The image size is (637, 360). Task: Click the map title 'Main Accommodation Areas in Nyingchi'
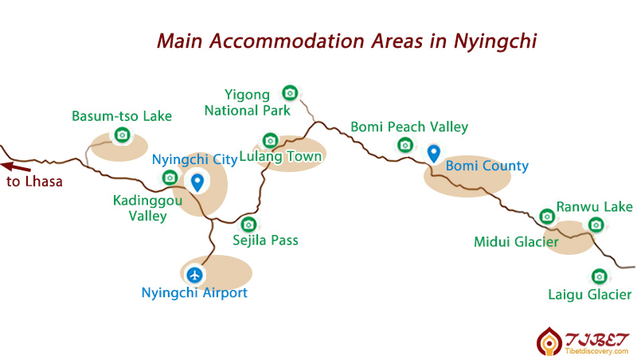tap(346, 40)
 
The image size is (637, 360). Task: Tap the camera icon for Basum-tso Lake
tap(122, 135)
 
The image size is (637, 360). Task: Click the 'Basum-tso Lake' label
tap(122, 116)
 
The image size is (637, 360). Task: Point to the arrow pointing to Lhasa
tap(16, 166)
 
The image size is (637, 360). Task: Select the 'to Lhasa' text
tap(34, 182)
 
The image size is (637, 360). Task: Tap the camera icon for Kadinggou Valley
tap(169, 178)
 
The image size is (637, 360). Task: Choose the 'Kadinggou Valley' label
tap(147, 208)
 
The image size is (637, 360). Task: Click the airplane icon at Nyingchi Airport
tap(194, 275)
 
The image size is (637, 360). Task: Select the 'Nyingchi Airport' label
tap(194, 293)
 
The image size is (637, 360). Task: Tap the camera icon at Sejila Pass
tap(248, 225)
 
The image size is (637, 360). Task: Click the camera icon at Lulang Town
tap(270, 141)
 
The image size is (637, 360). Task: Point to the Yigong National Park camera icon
tap(290, 93)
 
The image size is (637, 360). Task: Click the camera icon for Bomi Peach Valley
tap(405, 144)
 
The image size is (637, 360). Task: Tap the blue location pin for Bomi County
tap(434, 153)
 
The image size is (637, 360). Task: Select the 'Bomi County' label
tap(487, 166)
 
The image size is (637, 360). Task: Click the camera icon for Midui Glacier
tap(546, 216)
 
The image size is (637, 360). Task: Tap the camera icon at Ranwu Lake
tap(595, 225)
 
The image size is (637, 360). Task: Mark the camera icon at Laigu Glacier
tap(599, 276)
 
